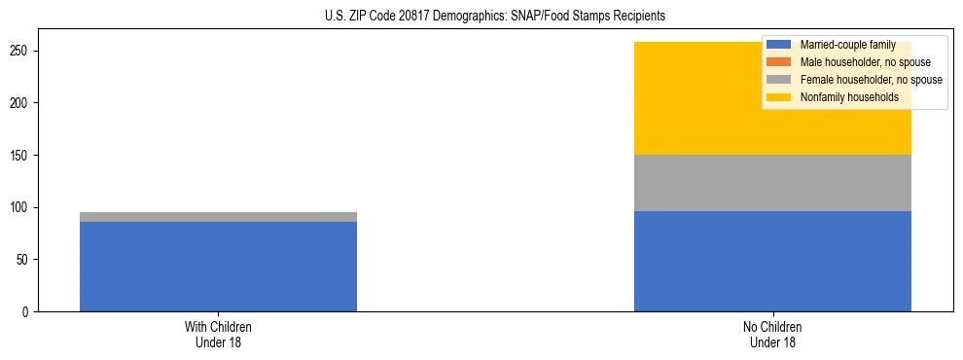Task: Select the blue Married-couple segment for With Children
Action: (218, 267)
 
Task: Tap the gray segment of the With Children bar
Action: (218, 217)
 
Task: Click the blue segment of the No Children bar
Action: (772, 261)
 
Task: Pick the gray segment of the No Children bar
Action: (772, 183)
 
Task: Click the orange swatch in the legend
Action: (779, 62)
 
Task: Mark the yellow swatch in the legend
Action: (779, 97)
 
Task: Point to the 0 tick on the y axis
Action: (28, 312)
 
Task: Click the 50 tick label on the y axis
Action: (25, 260)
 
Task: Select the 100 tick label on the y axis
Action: (22, 207)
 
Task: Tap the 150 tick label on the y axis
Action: (22, 155)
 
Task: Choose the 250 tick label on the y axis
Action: (22, 51)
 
